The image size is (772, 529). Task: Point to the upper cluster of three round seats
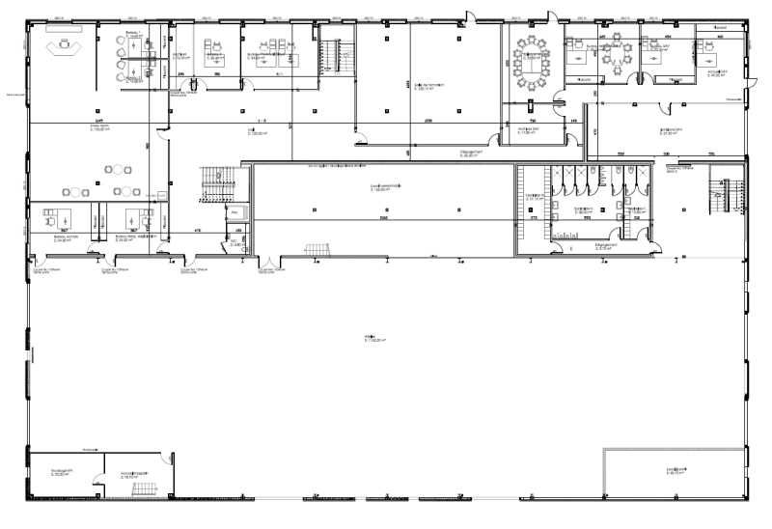(117, 171)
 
